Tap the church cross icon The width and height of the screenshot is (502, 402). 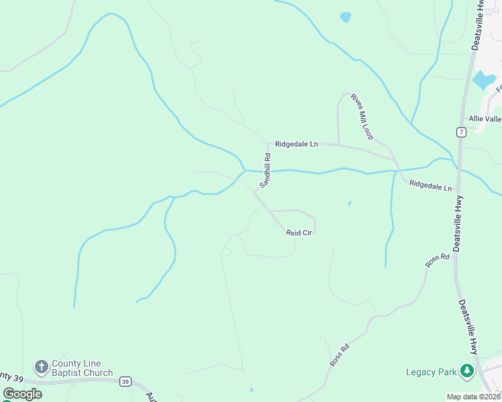click(x=41, y=366)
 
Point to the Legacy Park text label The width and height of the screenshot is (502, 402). click(x=431, y=372)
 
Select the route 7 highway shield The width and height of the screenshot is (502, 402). click(x=460, y=132)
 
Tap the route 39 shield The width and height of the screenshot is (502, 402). click(x=125, y=382)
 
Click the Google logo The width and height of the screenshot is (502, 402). click(x=22, y=394)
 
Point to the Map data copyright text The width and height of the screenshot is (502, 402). click(x=473, y=397)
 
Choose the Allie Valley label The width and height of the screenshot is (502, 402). click(x=485, y=119)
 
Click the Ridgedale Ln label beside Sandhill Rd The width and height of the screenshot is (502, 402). click(x=296, y=143)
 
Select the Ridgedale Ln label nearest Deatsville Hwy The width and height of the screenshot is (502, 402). click(x=430, y=186)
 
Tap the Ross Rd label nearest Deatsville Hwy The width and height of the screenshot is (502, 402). click(x=437, y=260)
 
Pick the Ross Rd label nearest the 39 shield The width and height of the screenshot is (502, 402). click(x=340, y=354)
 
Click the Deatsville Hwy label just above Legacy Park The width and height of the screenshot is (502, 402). click(x=468, y=327)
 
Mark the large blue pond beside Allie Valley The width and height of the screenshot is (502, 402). click(x=484, y=80)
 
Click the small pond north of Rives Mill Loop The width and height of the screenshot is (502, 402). click(x=346, y=17)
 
